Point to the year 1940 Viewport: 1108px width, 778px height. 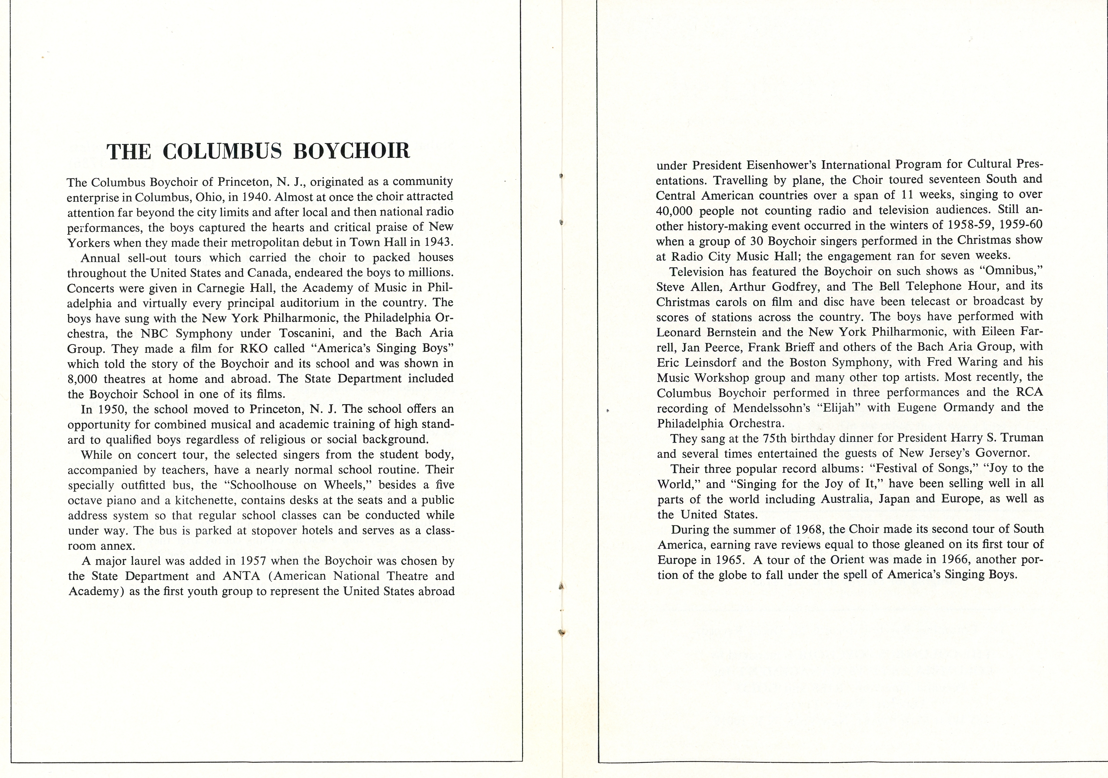point(254,197)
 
